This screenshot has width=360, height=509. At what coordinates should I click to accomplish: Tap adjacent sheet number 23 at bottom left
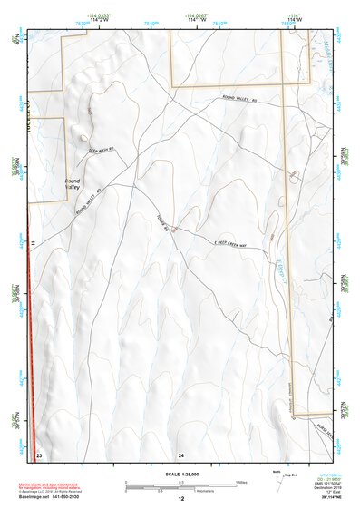click(39, 453)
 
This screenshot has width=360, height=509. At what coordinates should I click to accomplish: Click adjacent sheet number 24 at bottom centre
click(181, 453)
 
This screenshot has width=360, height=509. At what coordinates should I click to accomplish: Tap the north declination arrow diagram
click(277, 477)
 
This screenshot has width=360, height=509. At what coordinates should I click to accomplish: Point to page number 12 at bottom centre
click(181, 498)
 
